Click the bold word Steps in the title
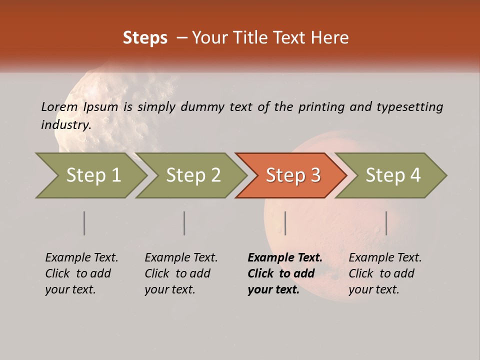(145, 38)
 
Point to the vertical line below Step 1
(84, 223)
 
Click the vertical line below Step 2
(184, 223)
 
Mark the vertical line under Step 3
(285, 223)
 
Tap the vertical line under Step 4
(386, 223)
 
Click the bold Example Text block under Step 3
(285, 273)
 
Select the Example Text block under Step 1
(81, 273)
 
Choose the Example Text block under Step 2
(181, 273)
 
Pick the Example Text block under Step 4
(385, 273)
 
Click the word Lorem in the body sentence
(59, 107)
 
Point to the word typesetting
(409, 107)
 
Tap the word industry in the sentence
(66, 124)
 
